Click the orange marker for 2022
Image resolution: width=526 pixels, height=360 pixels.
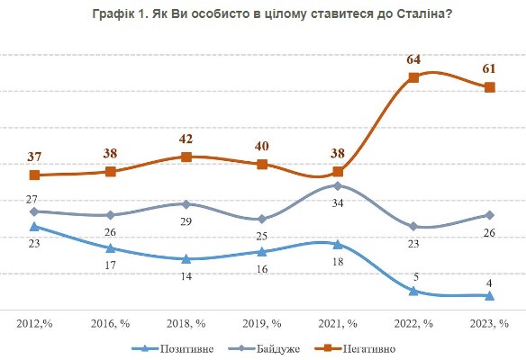pyautogui.click(x=413, y=77)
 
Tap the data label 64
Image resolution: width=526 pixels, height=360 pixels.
pyautogui.click(x=413, y=59)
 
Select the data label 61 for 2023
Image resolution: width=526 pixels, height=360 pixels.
pyautogui.click(x=489, y=69)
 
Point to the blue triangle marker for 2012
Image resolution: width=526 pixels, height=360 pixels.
pyautogui.click(x=34, y=227)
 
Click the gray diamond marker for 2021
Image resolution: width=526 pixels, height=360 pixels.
pyautogui.click(x=338, y=185)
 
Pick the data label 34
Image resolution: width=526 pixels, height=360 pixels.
pyautogui.click(x=338, y=204)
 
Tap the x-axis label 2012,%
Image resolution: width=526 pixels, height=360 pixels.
pyautogui.click(x=34, y=321)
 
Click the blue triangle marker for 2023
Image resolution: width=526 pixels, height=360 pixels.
pyautogui.click(x=489, y=295)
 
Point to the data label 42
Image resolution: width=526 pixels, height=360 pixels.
pyautogui.click(x=186, y=139)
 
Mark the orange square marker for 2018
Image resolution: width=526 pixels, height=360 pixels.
pyautogui.click(x=186, y=157)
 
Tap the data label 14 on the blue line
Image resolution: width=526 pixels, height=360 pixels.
pyautogui.click(x=186, y=277)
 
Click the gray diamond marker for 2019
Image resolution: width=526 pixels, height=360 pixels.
pyautogui.click(x=262, y=219)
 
